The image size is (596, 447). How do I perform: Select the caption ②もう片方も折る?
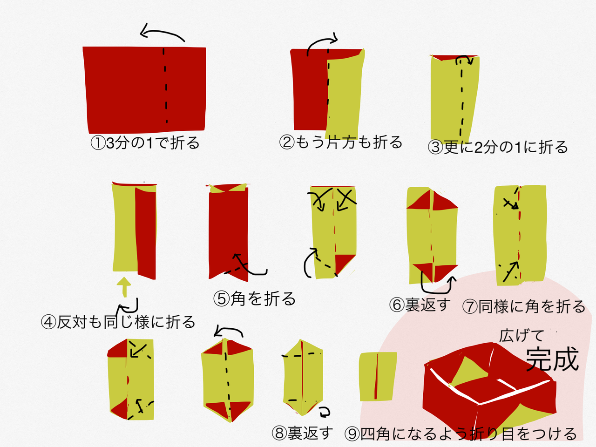click(341, 142)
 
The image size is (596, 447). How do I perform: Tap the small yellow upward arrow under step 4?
click(124, 286)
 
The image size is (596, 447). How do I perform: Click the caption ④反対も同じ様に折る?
click(118, 322)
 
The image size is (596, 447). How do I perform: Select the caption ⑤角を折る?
click(255, 298)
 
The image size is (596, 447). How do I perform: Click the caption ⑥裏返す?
click(420, 305)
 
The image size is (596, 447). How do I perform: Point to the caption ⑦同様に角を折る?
click(524, 307)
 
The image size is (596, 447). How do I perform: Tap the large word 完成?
click(552, 359)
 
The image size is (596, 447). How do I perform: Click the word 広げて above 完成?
click(521, 335)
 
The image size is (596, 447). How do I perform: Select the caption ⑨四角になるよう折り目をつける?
click(461, 434)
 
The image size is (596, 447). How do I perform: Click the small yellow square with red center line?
click(378, 376)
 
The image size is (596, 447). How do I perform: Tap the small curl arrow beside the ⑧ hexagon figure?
click(324, 411)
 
